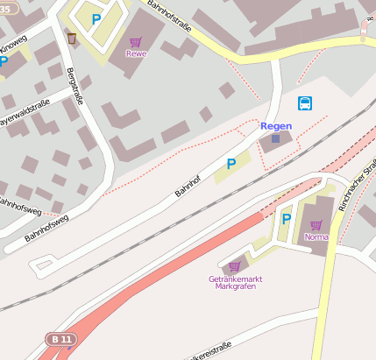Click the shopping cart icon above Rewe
coord(136,42)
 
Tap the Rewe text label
coord(136,53)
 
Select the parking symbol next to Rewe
coord(96,18)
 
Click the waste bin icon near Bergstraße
coord(71,38)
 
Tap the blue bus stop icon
coord(304,103)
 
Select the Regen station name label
coord(276,126)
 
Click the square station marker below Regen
coord(276,138)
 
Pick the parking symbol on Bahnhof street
coord(231,164)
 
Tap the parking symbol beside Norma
coord(286,219)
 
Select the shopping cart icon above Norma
coord(316,225)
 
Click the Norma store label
coord(316,236)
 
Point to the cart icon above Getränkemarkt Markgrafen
coord(234,266)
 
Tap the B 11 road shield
coord(60,339)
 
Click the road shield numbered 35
coord(9,6)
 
